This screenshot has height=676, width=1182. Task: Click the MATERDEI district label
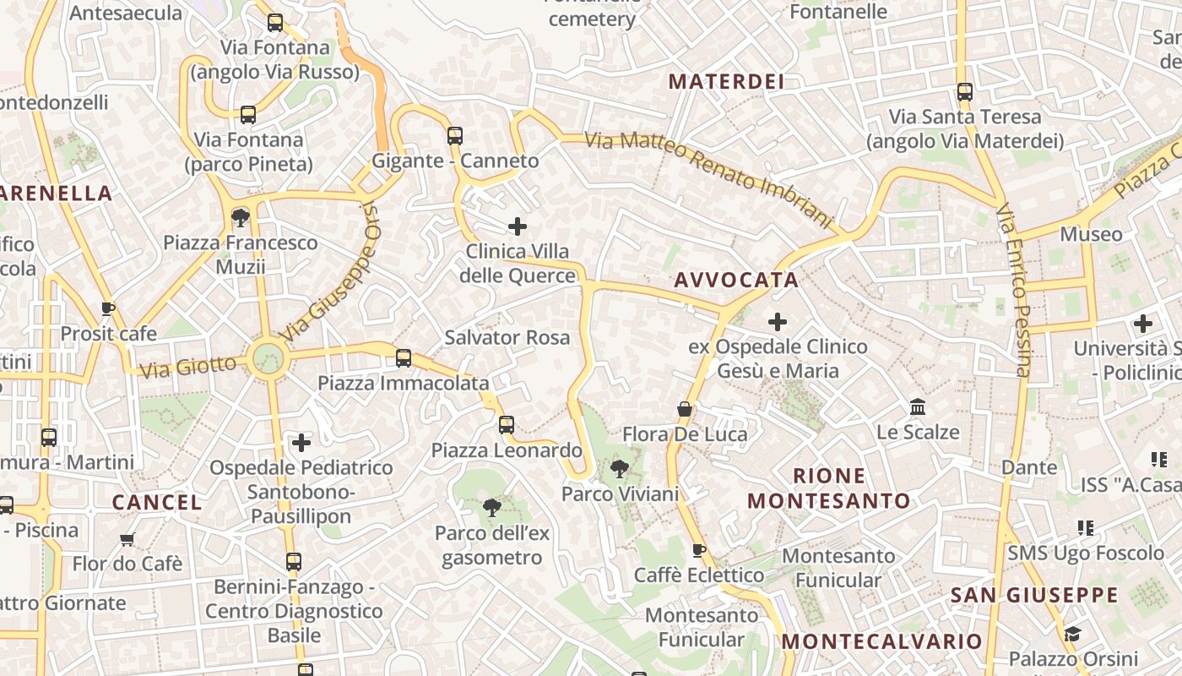[x=726, y=82]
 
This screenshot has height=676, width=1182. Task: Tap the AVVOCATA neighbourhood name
[x=736, y=281]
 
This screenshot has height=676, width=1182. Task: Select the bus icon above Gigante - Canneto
[x=455, y=135]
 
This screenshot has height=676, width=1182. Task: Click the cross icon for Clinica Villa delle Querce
[x=518, y=226]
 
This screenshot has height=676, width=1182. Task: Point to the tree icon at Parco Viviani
[x=620, y=468]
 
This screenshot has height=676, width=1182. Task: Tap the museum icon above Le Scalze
[x=918, y=408]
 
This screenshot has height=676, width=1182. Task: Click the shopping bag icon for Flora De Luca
[x=685, y=410]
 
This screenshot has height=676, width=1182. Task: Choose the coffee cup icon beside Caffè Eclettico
[x=699, y=551]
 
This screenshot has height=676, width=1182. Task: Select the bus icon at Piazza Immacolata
[x=404, y=358]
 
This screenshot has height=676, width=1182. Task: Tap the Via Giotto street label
[x=188, y=366]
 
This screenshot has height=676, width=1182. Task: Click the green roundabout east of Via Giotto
[x=268, y=358]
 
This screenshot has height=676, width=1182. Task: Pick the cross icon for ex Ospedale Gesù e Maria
[x=777, y=322]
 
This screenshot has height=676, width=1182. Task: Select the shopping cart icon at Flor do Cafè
[x=127, y=539]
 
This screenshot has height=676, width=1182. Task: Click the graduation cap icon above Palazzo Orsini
[x=1072, y=634]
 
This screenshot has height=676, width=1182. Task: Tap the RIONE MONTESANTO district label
[x=829, y=488]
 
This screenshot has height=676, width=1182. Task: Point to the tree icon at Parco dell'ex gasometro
[x=491, y=508]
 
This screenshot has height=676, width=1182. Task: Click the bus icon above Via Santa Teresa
[x=964, y=92]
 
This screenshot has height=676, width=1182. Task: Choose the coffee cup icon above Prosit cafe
[x=107, y=308]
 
